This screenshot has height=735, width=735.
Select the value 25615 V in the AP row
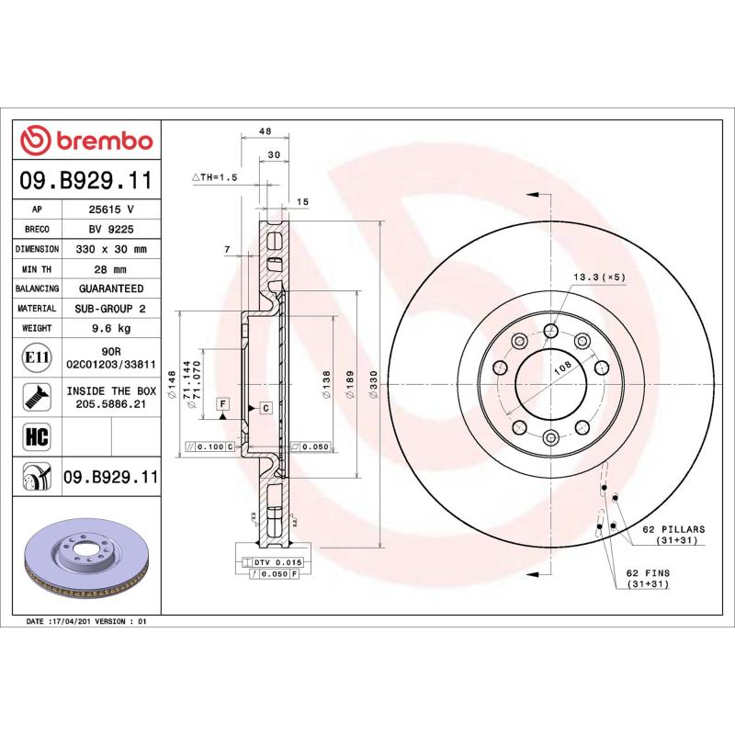(x=111, y=209)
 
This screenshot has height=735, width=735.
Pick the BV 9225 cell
(x=111, y=230)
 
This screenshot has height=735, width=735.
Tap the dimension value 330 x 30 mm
(x=111, y=249)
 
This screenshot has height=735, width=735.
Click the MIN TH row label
(x=38, y=269)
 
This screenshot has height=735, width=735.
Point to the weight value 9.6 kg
(x=111, y=328)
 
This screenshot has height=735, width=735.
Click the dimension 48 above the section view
(x=265, y=131)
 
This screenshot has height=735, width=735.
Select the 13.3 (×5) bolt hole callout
(x=599, y=277)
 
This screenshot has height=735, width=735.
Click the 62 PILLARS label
(x=673, y=530)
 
